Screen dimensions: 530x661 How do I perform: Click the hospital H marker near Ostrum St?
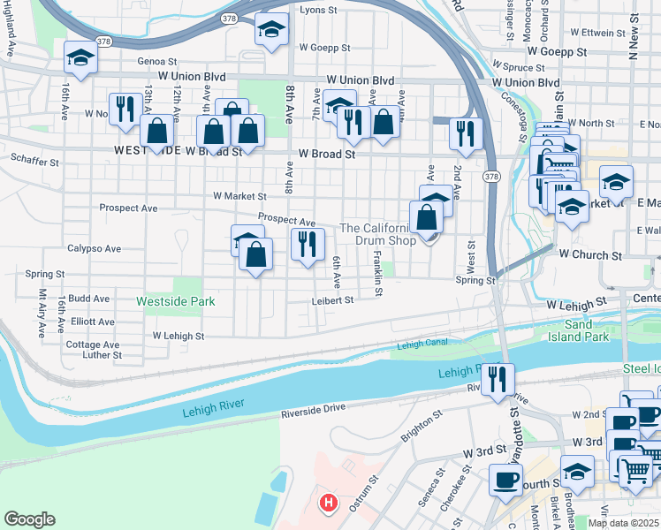[x=329, y=503]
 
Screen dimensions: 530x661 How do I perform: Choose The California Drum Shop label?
[x=378, y=234]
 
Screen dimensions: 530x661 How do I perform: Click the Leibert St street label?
[x=332, y=300]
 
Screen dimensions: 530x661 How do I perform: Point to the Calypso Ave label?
[x=94, y=248]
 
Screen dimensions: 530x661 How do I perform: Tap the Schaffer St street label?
[x=34, y=163]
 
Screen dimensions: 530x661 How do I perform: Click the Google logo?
[x=30, y=519]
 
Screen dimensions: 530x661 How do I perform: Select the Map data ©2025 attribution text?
[x=622, y=523]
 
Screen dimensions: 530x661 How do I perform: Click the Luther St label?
[x=101, y=355]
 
